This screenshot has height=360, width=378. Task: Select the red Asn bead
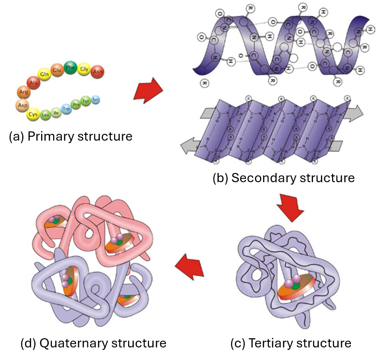click(x=98, y=71)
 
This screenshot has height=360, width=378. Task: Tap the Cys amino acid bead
click(x=33, y=115)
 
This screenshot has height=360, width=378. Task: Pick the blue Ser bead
click(x=96, y=100)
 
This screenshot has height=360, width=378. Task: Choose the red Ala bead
click(x=33, y=83)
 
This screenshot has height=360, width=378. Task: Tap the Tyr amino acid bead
click(x=86, y=101)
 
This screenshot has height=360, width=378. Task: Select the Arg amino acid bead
click(x=23, y=91)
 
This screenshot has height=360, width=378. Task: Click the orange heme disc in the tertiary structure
click(x=294, y=293)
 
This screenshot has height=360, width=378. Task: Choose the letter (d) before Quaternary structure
click(x=28, y=344)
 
